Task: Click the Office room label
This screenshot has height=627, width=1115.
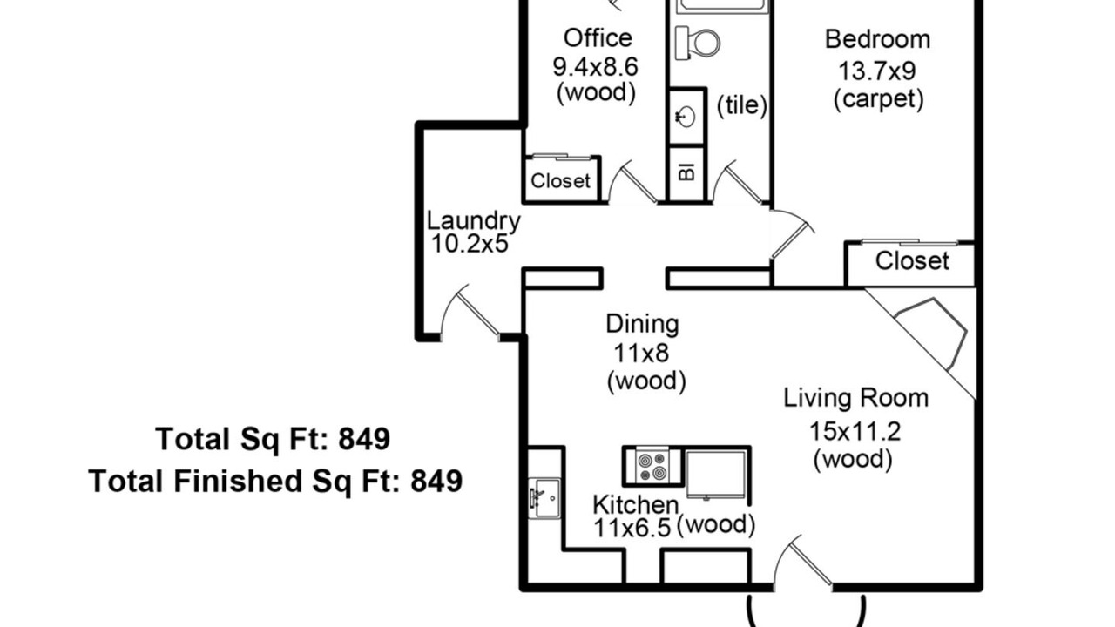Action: coord(598,38)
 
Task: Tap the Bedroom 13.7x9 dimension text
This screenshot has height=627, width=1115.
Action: coord(877,71)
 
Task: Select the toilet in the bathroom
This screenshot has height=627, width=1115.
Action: coord(698,43)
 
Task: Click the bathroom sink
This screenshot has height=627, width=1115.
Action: coord(686,118)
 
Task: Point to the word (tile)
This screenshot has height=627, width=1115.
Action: coord(741,105)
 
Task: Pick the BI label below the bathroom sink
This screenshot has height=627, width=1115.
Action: coord(687,172)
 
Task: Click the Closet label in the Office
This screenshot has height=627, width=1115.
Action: coord(560,180)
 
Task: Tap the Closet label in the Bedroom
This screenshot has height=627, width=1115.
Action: coord(912,260)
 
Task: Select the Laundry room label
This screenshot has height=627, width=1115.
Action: coord(473,221)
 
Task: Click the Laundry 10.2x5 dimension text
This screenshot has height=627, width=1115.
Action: coord(470,244)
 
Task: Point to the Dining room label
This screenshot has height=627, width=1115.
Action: coord(642,325)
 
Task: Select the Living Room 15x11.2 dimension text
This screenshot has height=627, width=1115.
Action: coord(855,431)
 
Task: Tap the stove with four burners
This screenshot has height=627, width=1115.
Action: coord(652,466)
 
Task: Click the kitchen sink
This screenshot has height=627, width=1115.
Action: coord(544,497)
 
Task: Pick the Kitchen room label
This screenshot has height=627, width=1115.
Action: coord(636,505)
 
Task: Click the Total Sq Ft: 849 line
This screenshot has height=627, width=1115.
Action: coord(273,439)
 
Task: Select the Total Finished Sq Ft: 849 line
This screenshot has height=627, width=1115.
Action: coord(275,482)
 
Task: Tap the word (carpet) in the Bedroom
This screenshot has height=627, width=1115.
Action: coord(879,99)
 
